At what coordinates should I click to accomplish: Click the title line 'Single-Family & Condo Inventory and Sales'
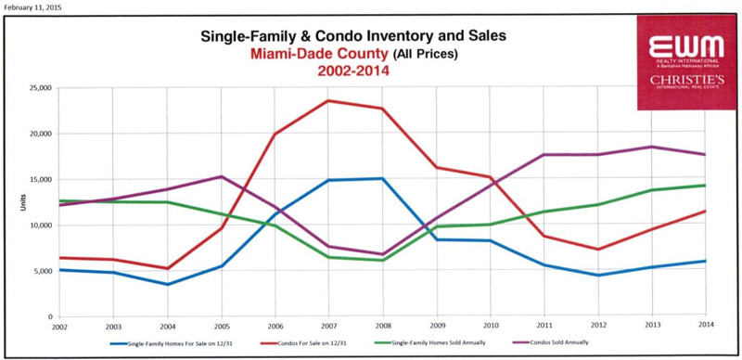coord(355,36)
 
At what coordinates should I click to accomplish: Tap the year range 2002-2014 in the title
coord(354,71)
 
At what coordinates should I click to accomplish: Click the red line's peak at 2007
coord(328,100)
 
